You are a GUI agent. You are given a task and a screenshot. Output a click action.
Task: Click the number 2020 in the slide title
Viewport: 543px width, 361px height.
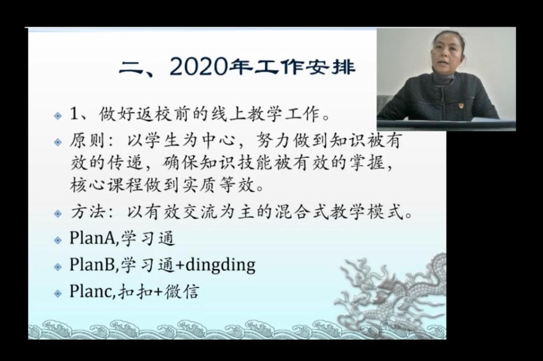199,67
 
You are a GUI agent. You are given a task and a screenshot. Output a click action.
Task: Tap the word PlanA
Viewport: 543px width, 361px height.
92,238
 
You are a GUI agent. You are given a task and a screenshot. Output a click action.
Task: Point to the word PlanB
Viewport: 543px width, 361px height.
92,265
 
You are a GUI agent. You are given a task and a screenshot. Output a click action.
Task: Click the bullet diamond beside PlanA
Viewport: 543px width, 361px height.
58,240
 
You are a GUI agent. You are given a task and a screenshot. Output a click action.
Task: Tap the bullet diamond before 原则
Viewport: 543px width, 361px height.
58,142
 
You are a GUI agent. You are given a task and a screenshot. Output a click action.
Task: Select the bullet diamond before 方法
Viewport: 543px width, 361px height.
58,214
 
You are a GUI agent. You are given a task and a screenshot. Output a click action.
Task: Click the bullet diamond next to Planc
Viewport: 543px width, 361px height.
58,294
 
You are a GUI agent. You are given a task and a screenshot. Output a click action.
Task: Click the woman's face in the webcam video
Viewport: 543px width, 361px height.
449,52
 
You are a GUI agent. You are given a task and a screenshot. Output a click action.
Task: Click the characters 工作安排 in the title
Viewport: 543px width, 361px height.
305,67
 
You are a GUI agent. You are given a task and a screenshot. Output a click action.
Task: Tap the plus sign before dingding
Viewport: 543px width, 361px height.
180,265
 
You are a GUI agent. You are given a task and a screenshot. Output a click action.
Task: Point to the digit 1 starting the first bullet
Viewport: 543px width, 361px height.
74,113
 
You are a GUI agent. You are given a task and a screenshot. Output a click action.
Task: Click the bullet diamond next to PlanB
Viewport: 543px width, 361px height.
58,267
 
